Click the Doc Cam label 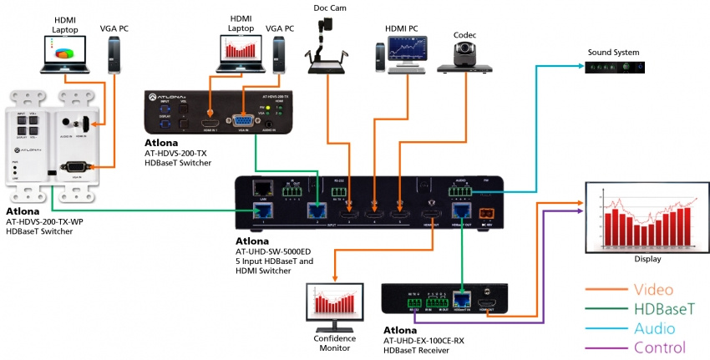coord(329,8)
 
